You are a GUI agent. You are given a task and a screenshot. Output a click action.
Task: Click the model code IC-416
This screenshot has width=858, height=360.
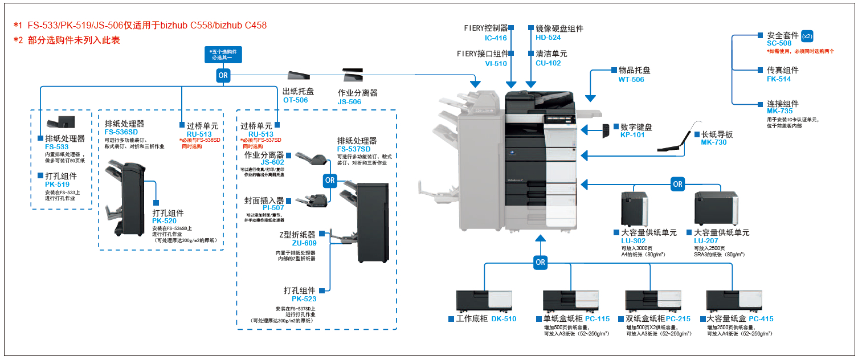click(496, 38)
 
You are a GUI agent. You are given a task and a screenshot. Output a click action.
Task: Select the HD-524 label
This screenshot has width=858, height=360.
click(548, 38)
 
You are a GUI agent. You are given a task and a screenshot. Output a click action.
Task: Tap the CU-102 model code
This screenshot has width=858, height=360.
click(548, 63)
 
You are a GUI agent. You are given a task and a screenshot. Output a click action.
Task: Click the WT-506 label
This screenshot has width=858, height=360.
click(631, 80)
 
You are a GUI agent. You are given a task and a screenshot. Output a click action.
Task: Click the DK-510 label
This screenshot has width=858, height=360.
click(504, 319)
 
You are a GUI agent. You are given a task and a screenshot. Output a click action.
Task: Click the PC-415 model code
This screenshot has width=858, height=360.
click(761, 319)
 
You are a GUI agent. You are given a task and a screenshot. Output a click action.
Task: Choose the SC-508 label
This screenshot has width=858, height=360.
click(779, 43)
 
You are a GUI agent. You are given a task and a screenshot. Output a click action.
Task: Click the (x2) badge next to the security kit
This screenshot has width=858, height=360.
click(807, 36)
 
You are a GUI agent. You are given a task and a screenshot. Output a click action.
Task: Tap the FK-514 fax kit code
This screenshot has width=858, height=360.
click(779, 79)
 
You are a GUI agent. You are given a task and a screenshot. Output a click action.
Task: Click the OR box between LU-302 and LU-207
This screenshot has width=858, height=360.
click(677, 184)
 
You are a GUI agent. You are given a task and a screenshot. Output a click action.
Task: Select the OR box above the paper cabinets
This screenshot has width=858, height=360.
click(540, 263)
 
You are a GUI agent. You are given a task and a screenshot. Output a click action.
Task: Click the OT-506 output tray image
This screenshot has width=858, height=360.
click(299, 76)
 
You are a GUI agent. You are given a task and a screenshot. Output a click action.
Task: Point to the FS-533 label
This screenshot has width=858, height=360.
click(57, 147)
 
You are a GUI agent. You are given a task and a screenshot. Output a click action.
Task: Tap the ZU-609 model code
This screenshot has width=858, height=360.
click(304, 243)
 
